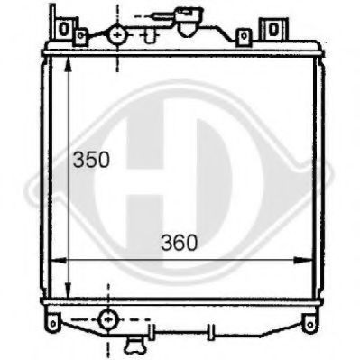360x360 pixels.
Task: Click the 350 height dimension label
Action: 91,160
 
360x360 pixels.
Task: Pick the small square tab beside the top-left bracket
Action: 81,36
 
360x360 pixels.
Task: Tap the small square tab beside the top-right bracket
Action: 243,36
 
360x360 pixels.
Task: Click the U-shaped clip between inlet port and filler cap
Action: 144,34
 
